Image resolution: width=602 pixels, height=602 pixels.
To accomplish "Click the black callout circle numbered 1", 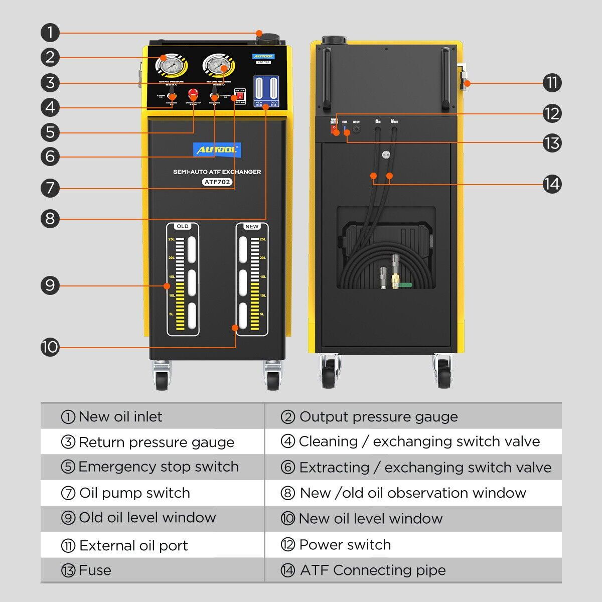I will point(50,33).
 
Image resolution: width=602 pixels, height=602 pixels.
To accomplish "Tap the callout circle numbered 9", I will point(50,285).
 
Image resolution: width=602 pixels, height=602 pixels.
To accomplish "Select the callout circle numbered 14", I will point(552,184).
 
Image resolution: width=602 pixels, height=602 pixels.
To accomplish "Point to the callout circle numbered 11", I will point(552,83).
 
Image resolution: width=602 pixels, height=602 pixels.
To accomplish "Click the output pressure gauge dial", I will point(169,65).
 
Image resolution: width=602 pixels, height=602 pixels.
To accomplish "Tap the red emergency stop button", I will point(193,94).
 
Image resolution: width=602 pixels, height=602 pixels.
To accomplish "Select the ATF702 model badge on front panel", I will point(218,182).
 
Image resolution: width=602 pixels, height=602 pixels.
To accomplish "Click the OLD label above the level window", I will point(183,226).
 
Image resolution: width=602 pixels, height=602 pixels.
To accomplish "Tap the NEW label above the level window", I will point(252,226).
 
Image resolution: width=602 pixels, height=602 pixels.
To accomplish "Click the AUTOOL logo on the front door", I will point(217,149).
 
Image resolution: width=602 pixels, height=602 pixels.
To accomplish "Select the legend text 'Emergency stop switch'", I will point(158,467).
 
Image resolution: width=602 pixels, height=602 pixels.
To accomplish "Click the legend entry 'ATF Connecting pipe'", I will point(372,570).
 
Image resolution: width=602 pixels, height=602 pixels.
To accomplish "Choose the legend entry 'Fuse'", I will point(95,570).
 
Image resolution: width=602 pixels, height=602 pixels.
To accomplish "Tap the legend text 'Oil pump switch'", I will point(134,493).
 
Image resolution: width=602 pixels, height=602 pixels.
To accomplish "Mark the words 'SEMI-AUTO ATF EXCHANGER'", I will point(217,172).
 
